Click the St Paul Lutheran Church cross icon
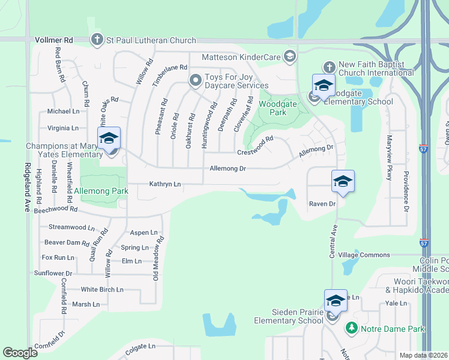pos(97,40)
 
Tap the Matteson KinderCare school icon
pos(290,56)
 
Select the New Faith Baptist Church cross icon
pos(328,67)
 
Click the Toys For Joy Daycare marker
pos(194,80)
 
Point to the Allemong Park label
pos(103,192)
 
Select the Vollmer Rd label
pos(53,40)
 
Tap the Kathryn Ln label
pos(165,184)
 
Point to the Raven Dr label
pos(322,204)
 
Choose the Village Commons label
pos(364,255)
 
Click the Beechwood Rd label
pos(56,210)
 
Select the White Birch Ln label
pos(102,289)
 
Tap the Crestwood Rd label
pos(255,146)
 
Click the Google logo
pos(20,353)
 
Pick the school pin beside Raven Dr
pos(342,181)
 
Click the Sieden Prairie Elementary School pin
pos(336,301)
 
